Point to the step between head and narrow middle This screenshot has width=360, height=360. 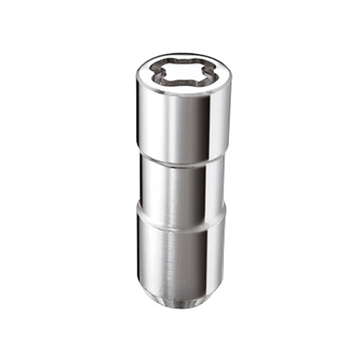[x=180, y=159]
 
